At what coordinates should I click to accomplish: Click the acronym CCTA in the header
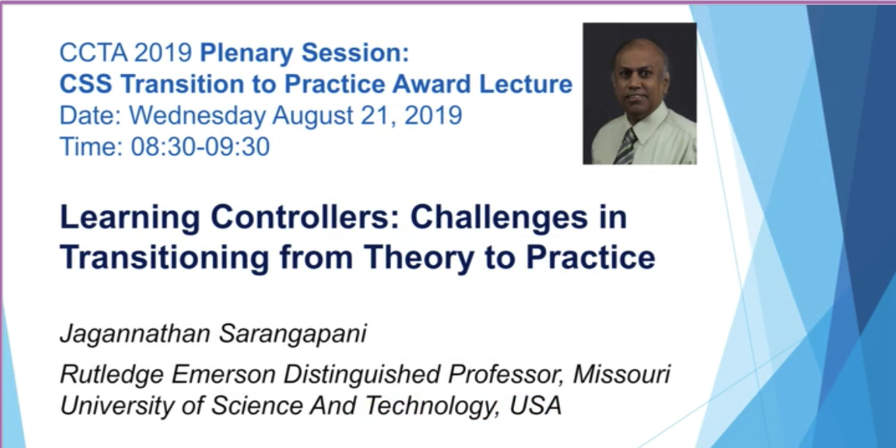coord(93,53)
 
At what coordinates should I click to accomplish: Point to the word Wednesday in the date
coord(198,116)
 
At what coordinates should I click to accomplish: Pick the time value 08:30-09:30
coord(200,146)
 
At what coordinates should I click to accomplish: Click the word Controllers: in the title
coord(305,217)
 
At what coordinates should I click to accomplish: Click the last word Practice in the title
coord(591,257)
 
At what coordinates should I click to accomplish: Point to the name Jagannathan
coord(135,334)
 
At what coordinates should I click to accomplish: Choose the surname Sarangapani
coord(293,334)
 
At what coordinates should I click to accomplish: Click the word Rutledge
coord(112,375)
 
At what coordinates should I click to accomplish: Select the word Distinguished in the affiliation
coord(361,375)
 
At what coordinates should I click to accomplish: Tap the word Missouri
coord(621,374)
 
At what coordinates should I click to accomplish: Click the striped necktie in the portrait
coord(626,147)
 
